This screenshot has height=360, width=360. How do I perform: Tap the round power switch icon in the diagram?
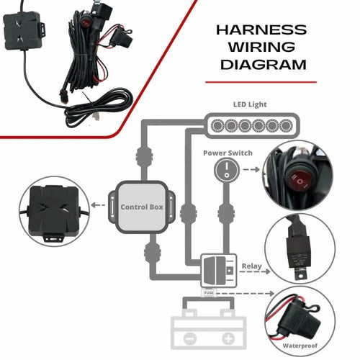coord(223,170)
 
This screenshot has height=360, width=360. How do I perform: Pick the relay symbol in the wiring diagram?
coord(215,270)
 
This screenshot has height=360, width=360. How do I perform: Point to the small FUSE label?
coord(208,293)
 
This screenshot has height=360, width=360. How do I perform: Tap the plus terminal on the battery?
coord(228,338)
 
